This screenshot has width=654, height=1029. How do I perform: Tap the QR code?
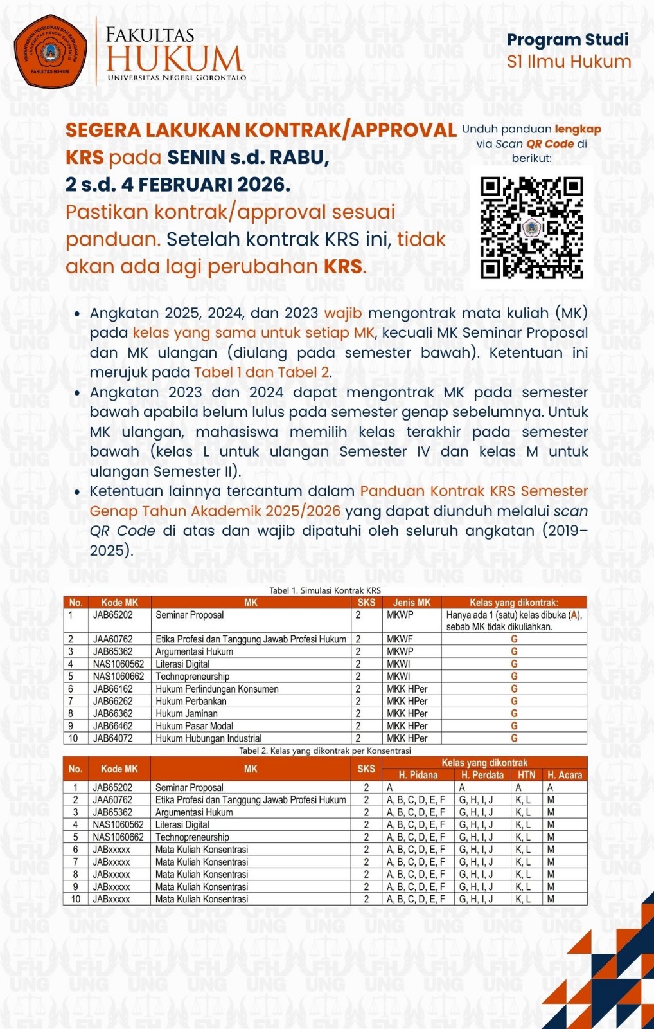(532, 228)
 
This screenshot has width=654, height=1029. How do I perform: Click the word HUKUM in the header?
(175, 59)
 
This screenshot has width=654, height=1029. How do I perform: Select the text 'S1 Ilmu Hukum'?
(569, 62)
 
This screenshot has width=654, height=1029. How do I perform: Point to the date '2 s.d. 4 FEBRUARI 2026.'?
(178, 185)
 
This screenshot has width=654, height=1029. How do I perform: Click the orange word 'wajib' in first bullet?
(343, 313)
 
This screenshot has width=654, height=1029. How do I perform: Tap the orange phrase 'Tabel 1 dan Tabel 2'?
(262, 372)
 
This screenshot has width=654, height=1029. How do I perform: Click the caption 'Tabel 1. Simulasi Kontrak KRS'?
(325, 590)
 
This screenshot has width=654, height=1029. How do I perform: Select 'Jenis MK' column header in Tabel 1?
(412, 603)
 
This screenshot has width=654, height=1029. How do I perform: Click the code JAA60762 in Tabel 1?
(113, 639)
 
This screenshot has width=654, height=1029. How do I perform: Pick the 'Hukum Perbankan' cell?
(191, 701)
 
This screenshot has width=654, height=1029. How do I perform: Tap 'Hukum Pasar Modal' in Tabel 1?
(194, 726)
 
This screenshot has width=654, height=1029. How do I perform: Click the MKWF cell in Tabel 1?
(400, 639)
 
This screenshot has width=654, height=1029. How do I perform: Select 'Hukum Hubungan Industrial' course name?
(208, 738)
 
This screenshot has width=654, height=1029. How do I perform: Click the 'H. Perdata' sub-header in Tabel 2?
(482, 775)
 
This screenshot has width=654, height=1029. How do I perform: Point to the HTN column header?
(526, 775)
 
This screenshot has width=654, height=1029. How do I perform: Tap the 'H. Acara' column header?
(565, 775)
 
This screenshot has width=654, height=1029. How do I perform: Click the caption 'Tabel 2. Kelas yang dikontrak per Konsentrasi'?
(325, 751)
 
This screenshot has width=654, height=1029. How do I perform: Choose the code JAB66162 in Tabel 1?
(113, 689)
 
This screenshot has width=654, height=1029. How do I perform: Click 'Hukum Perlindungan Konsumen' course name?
(217, 689)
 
